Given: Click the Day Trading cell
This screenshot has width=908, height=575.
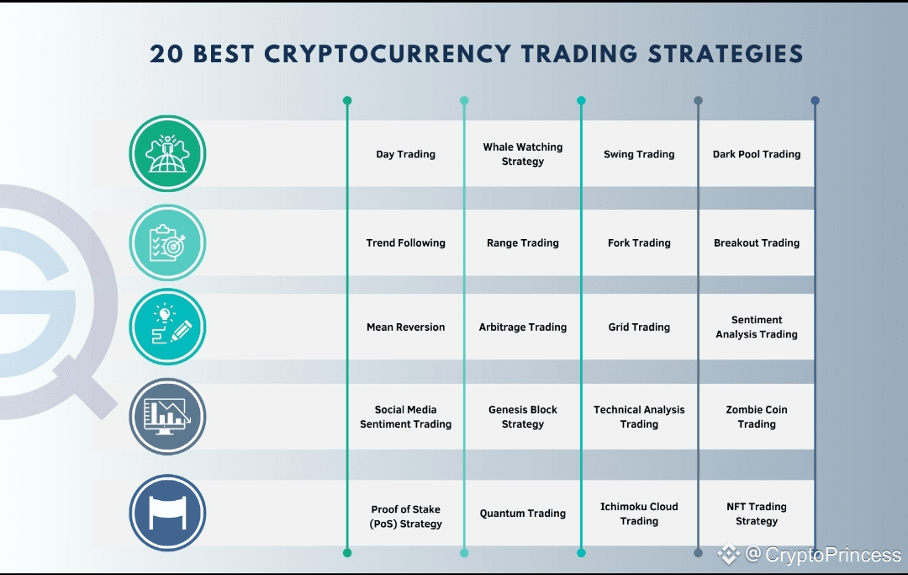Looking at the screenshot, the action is click(405, 154).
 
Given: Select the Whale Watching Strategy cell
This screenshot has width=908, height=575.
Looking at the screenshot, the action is click(523, 154).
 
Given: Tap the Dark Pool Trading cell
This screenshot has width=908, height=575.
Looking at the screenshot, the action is click(757, 154).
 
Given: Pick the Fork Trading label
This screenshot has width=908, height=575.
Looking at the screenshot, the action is click(639, 242).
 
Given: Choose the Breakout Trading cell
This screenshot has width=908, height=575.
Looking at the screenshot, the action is click(757, 242).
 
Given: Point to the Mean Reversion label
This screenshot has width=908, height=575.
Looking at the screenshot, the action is click(405, 327).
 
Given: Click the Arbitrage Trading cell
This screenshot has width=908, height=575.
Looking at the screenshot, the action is click(523, 327).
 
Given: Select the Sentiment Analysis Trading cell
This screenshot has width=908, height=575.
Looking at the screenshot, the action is click(757, 327).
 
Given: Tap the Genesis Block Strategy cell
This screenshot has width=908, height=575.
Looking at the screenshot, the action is click(523, 417).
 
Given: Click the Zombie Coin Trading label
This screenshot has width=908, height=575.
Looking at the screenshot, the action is click(757, 417).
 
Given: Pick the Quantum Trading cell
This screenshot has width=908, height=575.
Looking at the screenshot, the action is click(523, 513).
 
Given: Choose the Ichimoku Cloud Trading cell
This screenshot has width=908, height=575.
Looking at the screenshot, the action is click(639, 514).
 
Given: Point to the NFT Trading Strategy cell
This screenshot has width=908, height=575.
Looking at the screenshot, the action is click(757, 514).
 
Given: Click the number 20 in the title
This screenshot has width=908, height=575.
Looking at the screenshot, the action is click(166, 54).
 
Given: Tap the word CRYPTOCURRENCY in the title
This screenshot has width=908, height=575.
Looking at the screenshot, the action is click(388, 54).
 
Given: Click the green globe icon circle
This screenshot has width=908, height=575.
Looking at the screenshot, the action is click(167, 153).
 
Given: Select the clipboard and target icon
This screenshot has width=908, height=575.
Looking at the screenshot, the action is click(167, 242).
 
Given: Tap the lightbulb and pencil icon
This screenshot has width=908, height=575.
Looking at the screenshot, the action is click(167, 327).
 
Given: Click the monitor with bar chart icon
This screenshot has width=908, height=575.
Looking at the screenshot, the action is click(167, 417).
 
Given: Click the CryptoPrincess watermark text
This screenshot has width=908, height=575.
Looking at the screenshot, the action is click(823, 555).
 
